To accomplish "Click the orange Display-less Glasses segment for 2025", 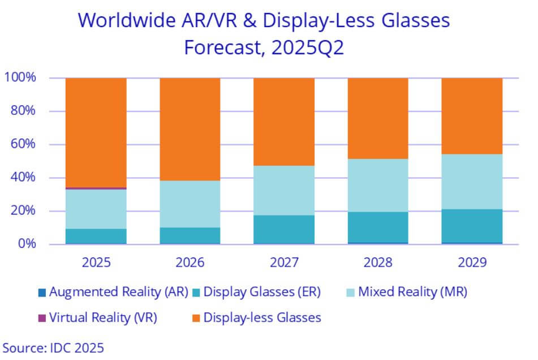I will click(x=96, y=132).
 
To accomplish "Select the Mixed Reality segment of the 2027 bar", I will click(x=283, y=190).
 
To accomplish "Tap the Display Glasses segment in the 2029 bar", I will click(x=471, y=226).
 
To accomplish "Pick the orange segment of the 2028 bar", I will click(x=377, y=118).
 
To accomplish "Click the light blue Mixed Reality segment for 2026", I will click(x=190, y=204).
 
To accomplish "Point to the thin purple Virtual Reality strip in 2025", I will click(x=96, y=188).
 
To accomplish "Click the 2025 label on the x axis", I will click(x=96, y=263).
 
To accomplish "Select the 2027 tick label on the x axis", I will click(x=283, y=263).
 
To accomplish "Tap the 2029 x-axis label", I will click(x=471, y=263).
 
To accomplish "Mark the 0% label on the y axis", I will click(x=26, y=245).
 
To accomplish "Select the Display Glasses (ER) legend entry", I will click(x=261, y=292).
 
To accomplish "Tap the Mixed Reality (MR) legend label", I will click(x=414, y=292).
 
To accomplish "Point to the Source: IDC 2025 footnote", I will click(x=53, y=347).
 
